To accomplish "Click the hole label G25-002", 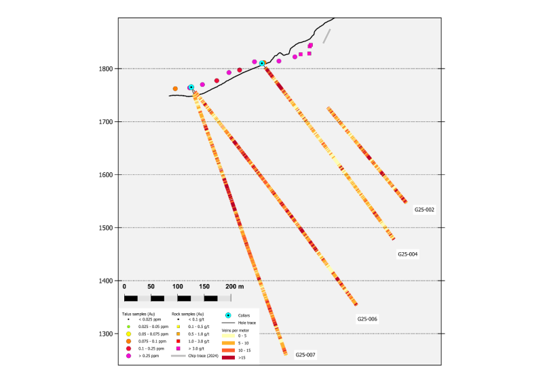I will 424,209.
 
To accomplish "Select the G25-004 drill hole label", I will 408,254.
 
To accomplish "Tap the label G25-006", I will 367,319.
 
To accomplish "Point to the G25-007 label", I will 305,355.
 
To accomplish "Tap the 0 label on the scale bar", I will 124,287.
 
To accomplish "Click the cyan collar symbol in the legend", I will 228,315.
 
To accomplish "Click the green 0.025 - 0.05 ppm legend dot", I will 128,327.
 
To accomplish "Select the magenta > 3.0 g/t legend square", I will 178,348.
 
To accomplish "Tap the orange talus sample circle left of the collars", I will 175,89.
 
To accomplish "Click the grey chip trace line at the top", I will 326,35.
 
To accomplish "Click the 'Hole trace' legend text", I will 247,323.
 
